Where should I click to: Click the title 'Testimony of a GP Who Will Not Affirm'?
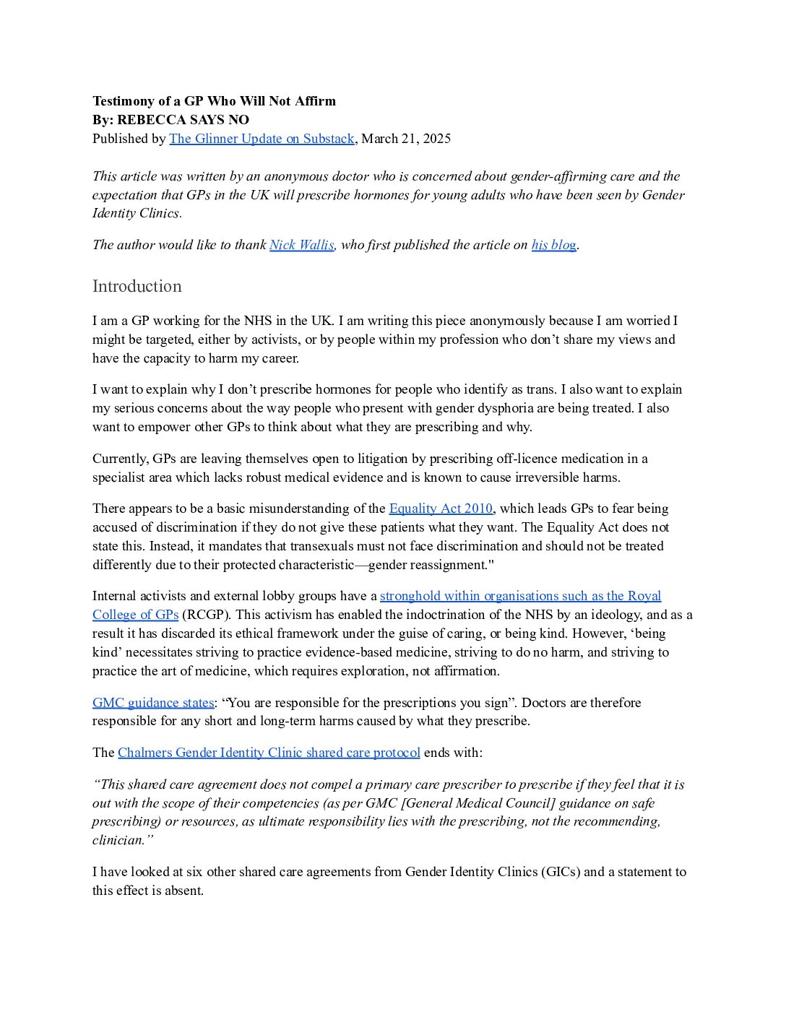pos(214,101)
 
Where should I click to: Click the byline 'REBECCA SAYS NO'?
pos(183,120)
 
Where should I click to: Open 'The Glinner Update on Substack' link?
pos(262,139)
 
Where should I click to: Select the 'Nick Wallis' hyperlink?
pos(301,245)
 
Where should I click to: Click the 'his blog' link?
pos(553,245)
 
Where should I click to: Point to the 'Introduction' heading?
pos(137,286)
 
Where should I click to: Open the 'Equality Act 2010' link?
pos(441,508)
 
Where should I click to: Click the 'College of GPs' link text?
pos(135,615)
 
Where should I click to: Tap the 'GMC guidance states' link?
pos(153,703)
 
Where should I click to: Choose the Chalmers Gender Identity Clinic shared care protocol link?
pos(269,753)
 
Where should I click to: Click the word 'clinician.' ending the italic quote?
pos(123,840)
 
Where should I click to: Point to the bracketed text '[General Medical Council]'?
pos(478,803)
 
